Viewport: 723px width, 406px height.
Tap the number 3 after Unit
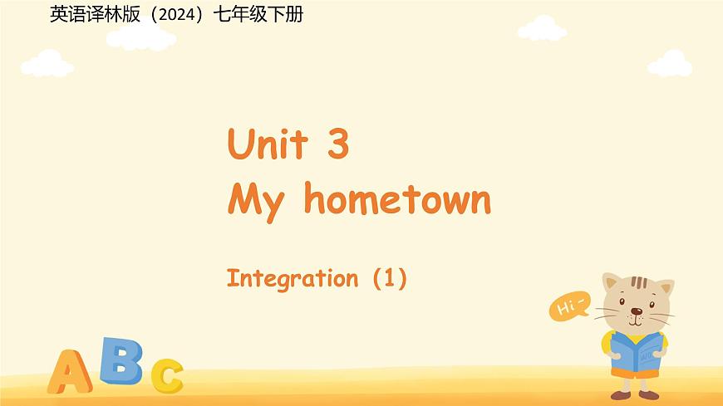coord(337,145)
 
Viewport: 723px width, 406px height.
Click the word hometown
coord(397,199)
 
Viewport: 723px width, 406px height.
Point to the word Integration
coord(292,278)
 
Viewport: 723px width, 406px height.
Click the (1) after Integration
coord(389,278)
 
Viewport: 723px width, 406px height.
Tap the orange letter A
coord(70,371)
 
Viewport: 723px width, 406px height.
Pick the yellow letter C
coord(167,375)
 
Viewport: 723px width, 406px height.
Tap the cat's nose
coord(636,313)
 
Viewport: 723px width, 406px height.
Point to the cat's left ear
coord(613,282)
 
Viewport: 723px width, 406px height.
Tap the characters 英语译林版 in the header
coord(96,14)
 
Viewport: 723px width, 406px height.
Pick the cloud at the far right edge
coord(670,63)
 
